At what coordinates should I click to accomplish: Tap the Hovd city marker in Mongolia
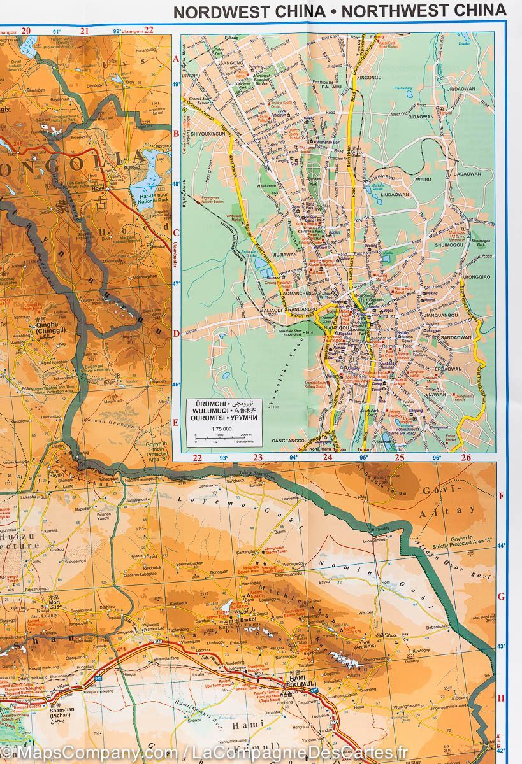coord(112,188)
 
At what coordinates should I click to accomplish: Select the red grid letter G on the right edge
coord(501,597)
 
